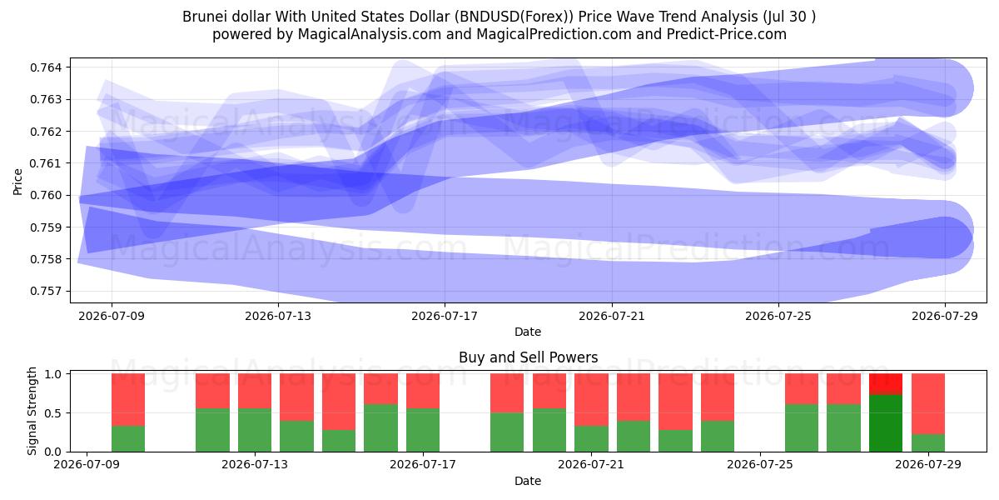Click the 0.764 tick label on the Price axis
click(46, 67)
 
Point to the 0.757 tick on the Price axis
click(46, 291)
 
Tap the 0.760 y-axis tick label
click(46, 195)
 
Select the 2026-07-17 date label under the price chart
click(445, 316)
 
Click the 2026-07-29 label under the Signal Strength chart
click(928, 464)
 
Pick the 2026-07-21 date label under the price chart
click(611, 316)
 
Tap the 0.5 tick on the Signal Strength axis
click(53, 413)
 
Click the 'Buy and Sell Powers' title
click(528, 357)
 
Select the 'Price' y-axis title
click(17, 182)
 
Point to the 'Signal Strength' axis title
click(32, 411)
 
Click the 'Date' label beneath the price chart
click(528, 332)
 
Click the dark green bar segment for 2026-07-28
click(886, 423)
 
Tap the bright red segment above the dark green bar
click(886, 384)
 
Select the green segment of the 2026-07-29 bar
click(928, 442)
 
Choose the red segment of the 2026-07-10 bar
click(128, 399)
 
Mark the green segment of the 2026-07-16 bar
click(381, 428)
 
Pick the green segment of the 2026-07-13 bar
click(255, 430)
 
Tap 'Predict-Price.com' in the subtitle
click(727, 34)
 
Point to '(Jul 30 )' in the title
click(789, 17)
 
